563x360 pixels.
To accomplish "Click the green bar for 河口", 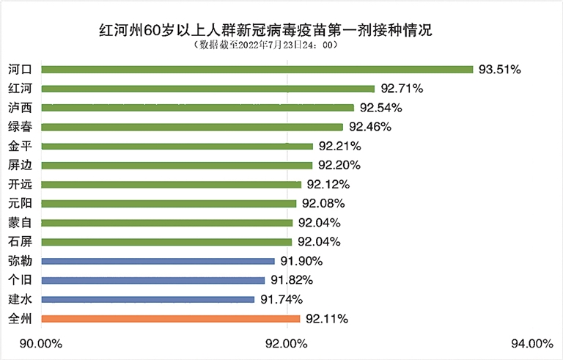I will [x=257, y=70].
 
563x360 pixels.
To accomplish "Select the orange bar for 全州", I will [x=171, y=318].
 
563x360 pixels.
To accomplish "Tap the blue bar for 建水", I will [x=148, y=299].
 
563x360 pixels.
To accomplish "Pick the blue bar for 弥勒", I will [x=158, y=261].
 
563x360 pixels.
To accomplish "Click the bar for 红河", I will [x=207, y=89].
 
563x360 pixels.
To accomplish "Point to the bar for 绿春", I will [x=192, y=127].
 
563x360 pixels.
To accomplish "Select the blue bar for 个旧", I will [x=153, y=280].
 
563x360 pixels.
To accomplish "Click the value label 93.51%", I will [x=500, y=70].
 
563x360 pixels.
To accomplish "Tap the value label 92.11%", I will [x=327, y=319].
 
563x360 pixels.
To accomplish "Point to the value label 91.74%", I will [x=281, y=299].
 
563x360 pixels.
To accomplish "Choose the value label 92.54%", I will [x=381, y=108].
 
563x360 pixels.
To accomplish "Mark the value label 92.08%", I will [x=323, y=203].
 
